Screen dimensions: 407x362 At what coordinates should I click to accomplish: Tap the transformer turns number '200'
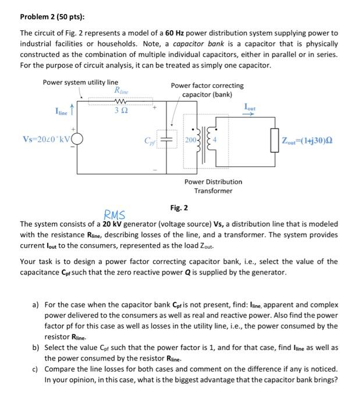click(x=193, y=140)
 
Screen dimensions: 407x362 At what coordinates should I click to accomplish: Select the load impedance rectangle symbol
click(x=273, y=141)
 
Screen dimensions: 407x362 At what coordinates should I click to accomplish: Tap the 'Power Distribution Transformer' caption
click(x=213, y=186)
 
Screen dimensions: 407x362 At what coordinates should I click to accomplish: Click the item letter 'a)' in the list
click(x=36, y=304)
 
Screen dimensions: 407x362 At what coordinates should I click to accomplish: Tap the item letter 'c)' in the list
click(x=36, y=369)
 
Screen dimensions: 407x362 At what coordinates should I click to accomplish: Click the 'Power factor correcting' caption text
click(x=207, y=85)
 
